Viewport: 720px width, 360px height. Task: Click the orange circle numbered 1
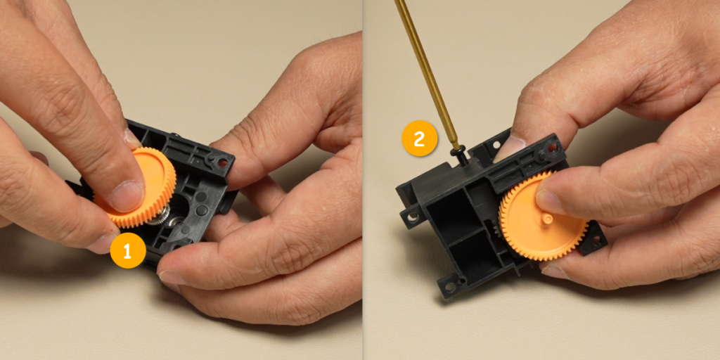pos(128,251)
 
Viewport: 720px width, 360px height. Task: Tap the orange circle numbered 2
pos(419,139)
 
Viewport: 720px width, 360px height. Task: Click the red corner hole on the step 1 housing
pos(223,162)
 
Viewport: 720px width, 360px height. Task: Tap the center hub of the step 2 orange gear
pos(547,219)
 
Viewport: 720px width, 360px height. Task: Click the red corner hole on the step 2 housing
pos(553,148)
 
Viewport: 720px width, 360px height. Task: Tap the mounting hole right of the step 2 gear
pos(596,240)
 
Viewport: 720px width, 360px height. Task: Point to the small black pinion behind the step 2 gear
pos(496,229)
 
